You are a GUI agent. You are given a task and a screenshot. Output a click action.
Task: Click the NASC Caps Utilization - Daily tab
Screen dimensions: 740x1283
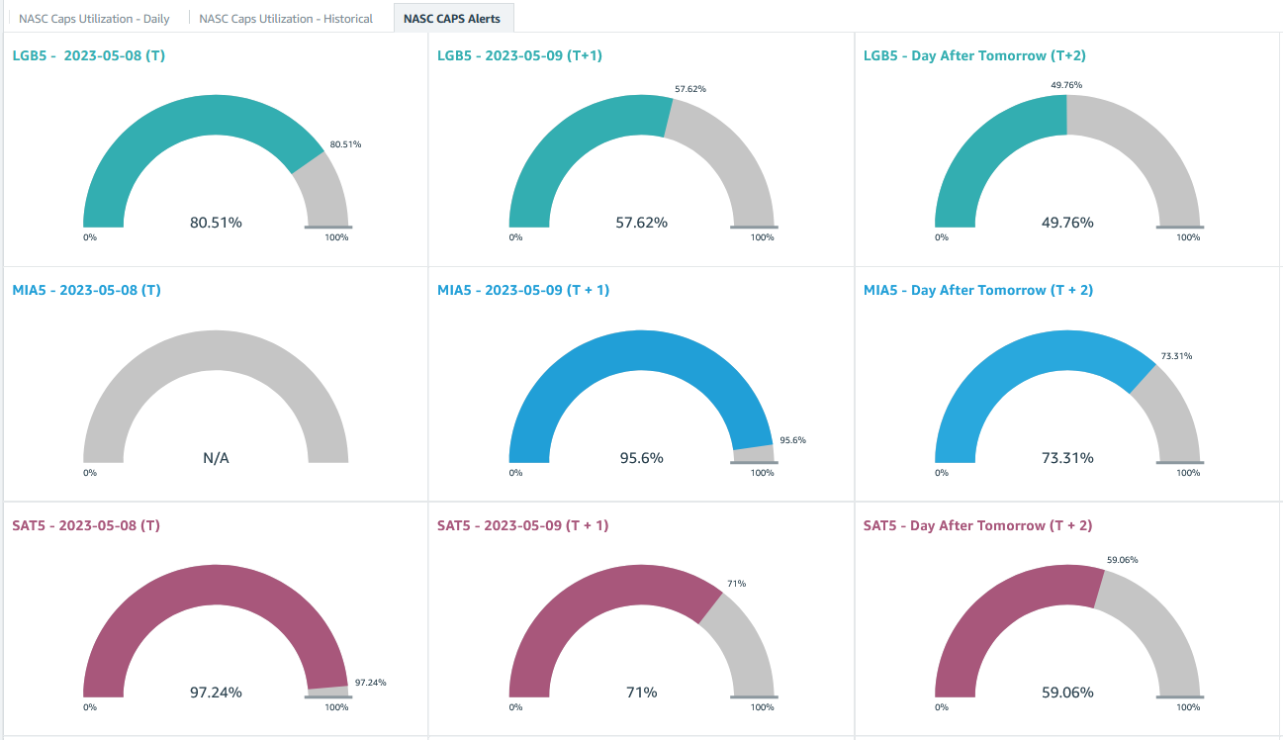click(x=94, y=19)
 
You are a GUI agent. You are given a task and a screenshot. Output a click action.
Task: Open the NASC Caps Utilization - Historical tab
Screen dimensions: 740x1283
click(x=286, y=19)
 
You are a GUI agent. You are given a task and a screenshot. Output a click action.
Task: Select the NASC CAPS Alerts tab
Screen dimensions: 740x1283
click(x=452, y=19)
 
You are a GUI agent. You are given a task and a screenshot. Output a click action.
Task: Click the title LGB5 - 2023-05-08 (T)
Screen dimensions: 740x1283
click(x=88, y=55)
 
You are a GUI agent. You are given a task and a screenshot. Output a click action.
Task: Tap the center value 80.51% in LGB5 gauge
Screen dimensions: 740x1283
click(x=216, y=223)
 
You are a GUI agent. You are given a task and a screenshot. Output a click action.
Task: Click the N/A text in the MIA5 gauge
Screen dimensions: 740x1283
click(x=216, y=458)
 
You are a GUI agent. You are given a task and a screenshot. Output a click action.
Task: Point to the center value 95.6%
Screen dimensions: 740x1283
click(x=641, y=458)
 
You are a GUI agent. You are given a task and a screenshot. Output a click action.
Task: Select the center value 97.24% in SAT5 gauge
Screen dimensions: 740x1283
click(x=216, y=693)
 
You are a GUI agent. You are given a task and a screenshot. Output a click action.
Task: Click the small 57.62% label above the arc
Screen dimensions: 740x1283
click(x=690, y=89)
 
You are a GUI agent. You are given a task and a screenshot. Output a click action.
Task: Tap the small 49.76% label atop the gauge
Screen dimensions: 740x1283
click(x=1066, y=85)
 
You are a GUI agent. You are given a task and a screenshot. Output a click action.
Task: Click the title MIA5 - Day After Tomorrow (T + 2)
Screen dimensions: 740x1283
click(x=977, y=290)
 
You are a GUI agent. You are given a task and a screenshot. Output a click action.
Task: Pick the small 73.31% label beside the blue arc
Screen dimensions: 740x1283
click(x=1175, y=356)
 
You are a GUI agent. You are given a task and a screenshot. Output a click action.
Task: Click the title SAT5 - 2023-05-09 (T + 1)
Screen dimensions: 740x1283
click(x=522, y=525)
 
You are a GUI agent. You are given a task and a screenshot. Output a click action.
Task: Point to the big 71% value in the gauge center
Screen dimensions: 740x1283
click(x=641, y=693)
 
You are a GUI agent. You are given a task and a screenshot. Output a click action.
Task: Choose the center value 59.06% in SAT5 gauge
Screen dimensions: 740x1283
click(x=1066, y=693)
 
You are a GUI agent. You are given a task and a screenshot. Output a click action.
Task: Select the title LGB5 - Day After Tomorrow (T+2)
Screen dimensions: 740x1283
click(x=974, y=55)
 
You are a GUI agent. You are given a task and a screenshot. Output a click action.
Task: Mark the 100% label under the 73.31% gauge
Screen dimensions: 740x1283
click(x=1188, y=473)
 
